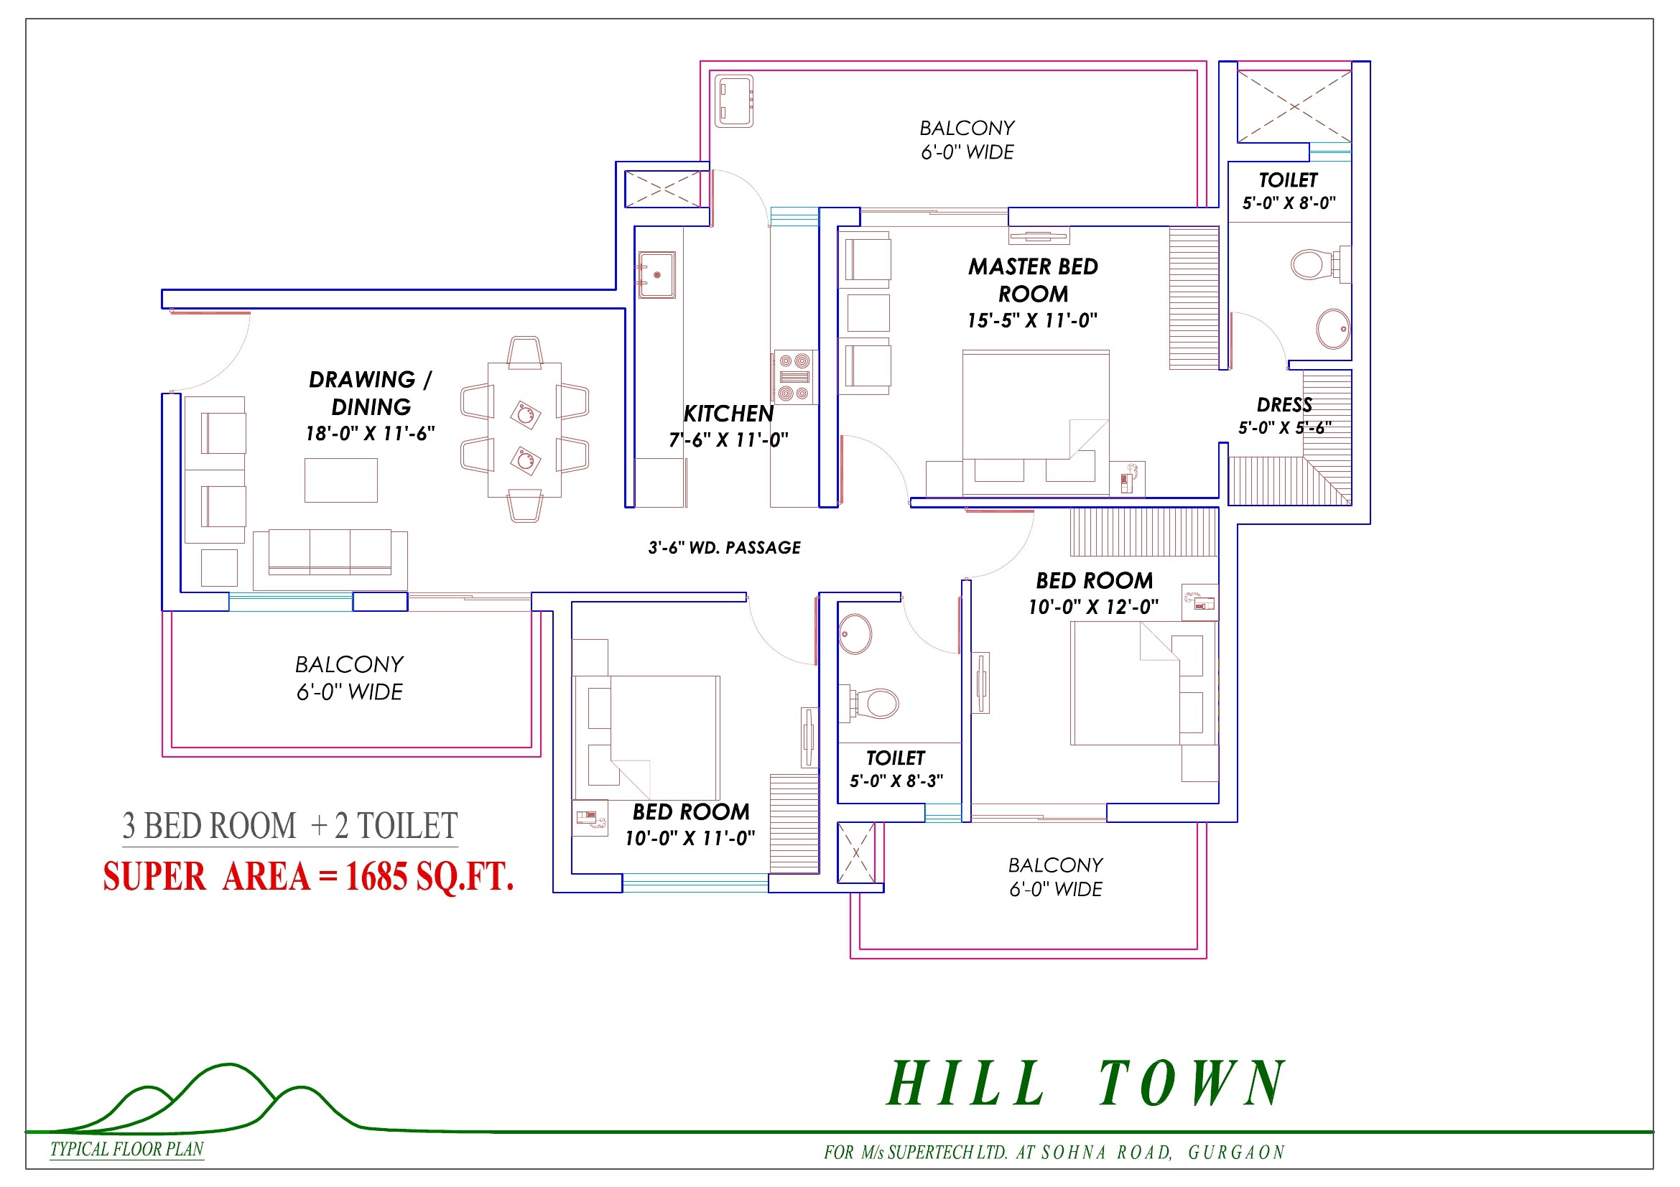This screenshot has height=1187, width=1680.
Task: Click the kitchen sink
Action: coord(656,275)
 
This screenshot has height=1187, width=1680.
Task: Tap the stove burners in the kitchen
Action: coord(794,377)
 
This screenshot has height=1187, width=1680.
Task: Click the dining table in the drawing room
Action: coord(524,430)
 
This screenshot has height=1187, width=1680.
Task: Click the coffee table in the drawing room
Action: coord(341,480)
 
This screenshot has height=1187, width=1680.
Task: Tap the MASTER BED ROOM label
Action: coord(1032,280)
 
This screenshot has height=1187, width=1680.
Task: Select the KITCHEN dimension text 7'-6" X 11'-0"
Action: coord(728,440)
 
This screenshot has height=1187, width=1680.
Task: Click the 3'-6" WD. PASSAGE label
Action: coord(724,548)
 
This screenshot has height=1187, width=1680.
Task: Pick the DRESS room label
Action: coord(1284,405)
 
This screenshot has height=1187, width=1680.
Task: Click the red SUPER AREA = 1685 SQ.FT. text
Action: coord(308,877)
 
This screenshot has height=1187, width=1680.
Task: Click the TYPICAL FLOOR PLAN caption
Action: coord(126,1150)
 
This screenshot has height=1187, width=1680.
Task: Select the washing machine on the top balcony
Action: coord(734,101)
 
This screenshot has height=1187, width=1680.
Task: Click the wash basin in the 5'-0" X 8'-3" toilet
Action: coord(855,633)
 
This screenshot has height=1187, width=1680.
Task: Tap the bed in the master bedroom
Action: coord(1036,424)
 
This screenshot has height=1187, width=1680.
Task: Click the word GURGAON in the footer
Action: coord(1236,1153)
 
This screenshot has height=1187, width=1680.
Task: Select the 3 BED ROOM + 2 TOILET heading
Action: coord(289,827)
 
